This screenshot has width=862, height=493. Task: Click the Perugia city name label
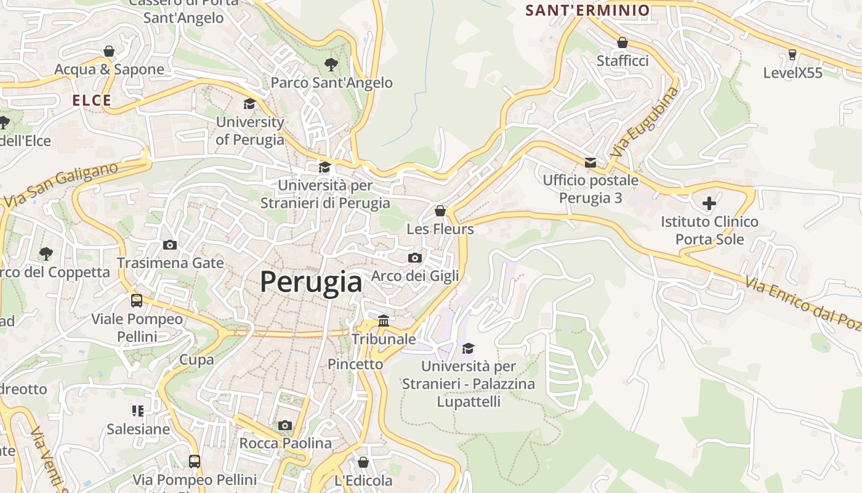point(311,282)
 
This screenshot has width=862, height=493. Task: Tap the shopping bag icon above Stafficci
point(622,43)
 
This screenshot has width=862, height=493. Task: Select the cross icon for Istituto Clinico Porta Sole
point(709,203)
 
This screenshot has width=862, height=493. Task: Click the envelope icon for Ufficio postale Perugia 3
point(590,162)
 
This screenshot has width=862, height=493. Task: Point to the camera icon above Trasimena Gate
point(170,245)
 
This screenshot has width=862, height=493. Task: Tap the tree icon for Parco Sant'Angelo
point(331,64)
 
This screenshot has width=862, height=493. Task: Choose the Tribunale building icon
point(384,320)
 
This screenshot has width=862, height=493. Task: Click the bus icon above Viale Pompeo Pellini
point(137,301)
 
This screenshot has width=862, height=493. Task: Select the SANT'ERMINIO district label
point(587,10)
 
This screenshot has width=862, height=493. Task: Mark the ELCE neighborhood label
point(92,100)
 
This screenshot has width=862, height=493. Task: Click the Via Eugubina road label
point(646,121)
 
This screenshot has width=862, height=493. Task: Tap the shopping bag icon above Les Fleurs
point(440,211)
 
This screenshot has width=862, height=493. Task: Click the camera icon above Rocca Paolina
point(284,425)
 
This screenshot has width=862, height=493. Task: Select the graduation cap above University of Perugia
point(249,104)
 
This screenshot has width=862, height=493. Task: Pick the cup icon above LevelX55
point(792,55)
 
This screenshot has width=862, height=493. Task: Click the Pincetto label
point(355,364)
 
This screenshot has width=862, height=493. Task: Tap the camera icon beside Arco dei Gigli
point(415,258)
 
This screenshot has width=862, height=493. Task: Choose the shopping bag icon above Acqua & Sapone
point(109,51)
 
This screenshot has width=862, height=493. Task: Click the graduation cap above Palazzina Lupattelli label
point(469,348)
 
